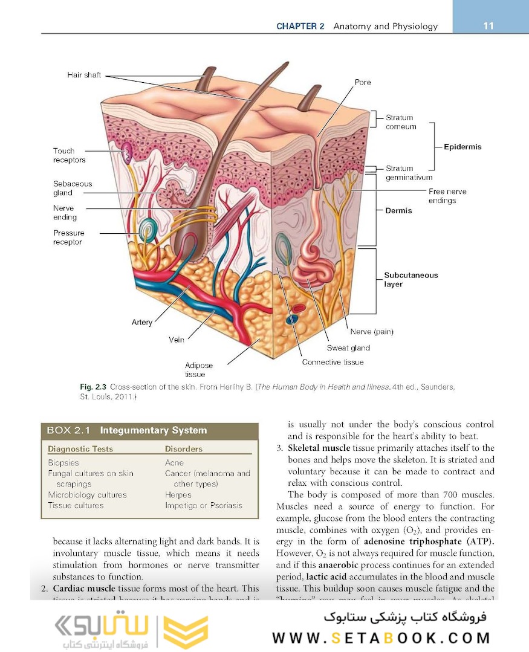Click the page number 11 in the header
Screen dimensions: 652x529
(x=488, y=26)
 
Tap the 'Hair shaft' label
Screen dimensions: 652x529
(x=84, y=76)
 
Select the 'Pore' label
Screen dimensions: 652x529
(x=363, y=82)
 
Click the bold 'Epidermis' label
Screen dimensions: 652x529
(x=462, y=147)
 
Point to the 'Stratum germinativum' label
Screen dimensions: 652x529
(x=409, y=173)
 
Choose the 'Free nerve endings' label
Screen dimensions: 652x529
(x=447, y=196)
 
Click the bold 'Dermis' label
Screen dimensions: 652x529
(x=398, y=210)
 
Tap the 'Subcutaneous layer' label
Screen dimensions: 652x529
(x=411, y=279)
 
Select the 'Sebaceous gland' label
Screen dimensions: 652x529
(x=73, y=188)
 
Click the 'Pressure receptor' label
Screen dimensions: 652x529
(x=68, y=237)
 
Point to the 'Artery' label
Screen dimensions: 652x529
(x=142, y=322)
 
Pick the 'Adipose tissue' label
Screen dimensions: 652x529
(x=199, y=370)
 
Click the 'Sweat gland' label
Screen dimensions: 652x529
(x=348, y=348)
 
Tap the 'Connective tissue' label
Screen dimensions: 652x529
(x=333, y=362)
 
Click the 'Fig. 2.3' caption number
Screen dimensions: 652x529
(x=92, y=387)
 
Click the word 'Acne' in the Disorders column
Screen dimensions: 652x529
(x=174, y=463)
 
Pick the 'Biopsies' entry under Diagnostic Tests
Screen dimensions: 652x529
(x=63, y=463)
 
